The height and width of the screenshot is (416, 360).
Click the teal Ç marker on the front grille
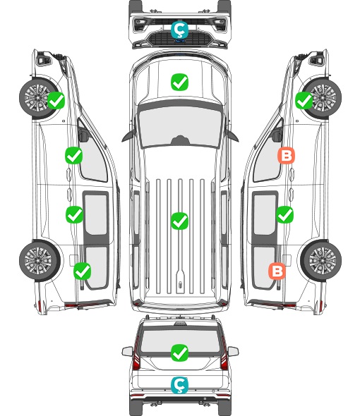click(179, 30)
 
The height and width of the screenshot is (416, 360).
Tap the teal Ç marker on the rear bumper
click(179, 385)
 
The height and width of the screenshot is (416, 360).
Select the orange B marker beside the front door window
click(286, 156)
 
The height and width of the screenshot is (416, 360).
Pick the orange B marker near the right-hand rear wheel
click(277, 271)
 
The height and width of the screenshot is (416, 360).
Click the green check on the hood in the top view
click(179, 82)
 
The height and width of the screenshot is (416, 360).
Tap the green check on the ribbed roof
click(179, 221)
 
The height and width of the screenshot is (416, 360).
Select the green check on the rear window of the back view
click(179, 353)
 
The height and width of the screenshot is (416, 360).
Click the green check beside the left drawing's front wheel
click(56, 100)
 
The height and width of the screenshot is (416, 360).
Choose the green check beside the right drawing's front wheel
click(304, 100)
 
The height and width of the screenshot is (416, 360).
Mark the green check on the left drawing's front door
click(73, 155)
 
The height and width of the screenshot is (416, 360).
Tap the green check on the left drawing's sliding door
click(74, 214)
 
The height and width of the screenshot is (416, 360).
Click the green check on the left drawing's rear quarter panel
click(82, 271)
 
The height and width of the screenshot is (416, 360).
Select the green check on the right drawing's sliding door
click(284, 214)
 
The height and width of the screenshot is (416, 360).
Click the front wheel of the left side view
click(38, 97)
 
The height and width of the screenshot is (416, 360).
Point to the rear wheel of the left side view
click(40, 260)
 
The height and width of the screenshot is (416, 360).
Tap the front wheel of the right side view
click(323, 97)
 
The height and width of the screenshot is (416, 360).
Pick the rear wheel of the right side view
click(321, 260)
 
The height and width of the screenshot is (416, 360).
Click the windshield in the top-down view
click(180, 127)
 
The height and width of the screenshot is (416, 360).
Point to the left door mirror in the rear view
click(127, 351)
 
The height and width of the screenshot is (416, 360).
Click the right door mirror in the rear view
click(233, 351)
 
